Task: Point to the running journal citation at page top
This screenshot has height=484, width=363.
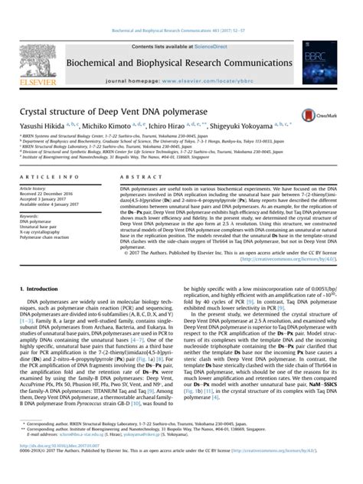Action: (x=181, y=5)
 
